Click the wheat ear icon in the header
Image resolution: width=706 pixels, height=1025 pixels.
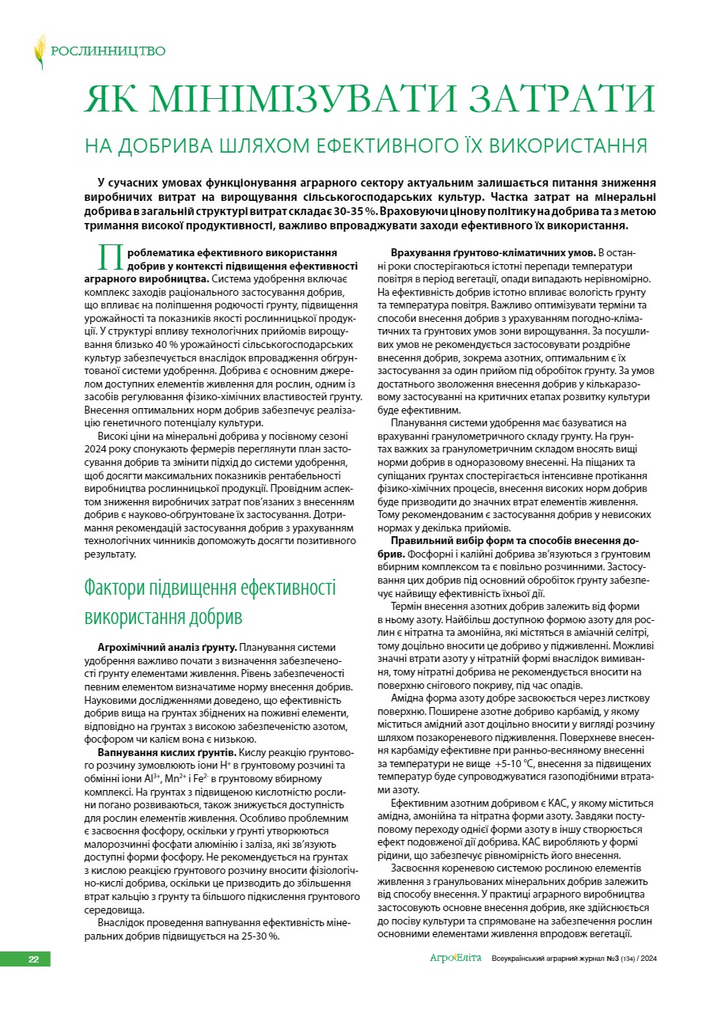(x=40, y=52)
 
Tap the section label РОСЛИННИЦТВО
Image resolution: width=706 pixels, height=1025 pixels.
(x=108, y=51)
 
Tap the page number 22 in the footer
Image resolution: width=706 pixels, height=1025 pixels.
(x=34, y=959)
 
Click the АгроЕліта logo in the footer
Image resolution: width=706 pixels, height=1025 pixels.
(x=455, y=959)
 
